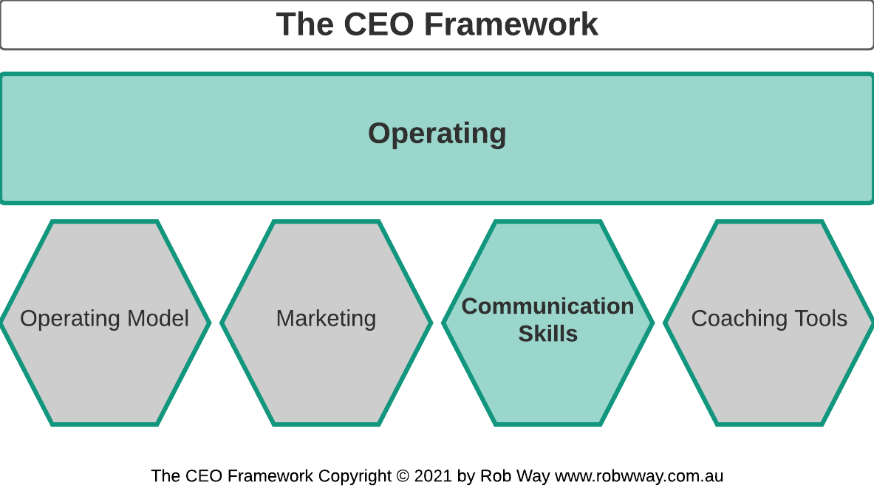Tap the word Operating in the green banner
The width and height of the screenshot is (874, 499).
(x=437, y=134)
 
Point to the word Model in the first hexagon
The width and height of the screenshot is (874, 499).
(x=158, y=319)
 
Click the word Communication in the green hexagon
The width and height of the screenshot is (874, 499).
(x=547, y=306)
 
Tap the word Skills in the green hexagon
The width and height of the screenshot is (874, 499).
(x=547, y=334)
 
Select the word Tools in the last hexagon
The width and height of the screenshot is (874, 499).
(x=821, y=319)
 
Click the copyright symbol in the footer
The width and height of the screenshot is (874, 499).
(x=403, y=476)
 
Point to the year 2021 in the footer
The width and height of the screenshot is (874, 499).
(x=433, y=476)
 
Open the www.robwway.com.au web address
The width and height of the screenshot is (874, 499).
(x=639, y=476)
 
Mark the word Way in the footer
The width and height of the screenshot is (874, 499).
(x=533, y=476)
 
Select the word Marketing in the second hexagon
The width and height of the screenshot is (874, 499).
(x=326, y=319)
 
